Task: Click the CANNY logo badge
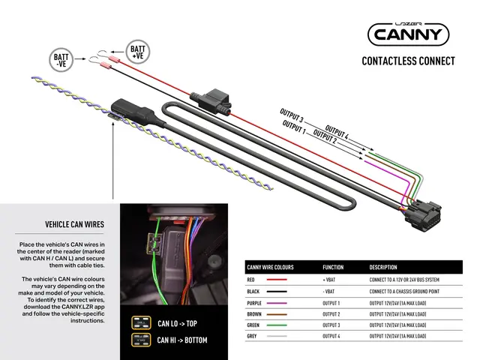click(408, 33)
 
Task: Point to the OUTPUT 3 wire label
click(291, 115)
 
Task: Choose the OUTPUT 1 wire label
click(293, 127)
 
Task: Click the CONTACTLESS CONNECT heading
click(408, 61)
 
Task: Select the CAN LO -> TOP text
click(177, 324)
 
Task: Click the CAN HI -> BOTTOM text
click(182, 340)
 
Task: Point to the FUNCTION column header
click(333, 267)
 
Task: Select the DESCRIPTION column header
click(387, 267)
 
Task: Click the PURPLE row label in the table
click(256, 302)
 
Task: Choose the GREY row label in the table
click(252, 336)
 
